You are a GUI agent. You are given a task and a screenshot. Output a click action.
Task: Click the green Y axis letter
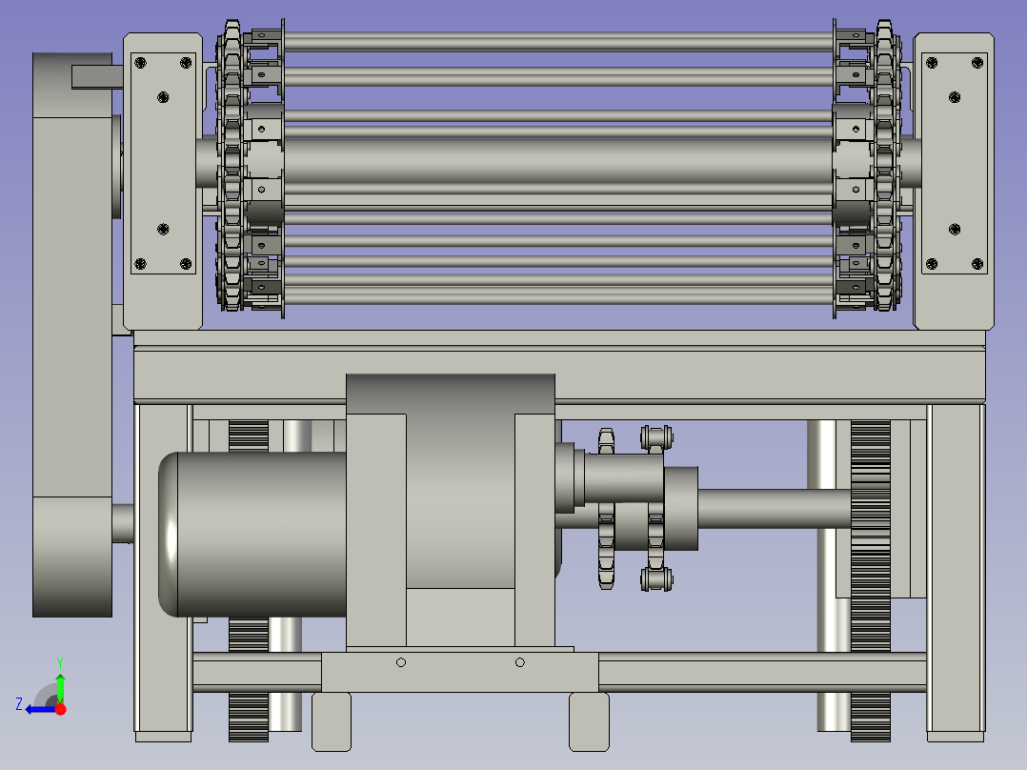pyautogui.click(x=60, y=662)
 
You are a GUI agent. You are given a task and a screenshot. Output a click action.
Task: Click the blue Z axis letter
pyautogui.click(x=19, y=704)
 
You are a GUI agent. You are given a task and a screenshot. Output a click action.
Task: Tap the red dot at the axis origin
pyautogui.click(x=60, y=709)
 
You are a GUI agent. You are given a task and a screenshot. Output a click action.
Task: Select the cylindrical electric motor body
pyautogui.click(x=252, y=534)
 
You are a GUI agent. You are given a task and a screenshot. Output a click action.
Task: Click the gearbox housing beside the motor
pyautogui.click(x=451, y=510)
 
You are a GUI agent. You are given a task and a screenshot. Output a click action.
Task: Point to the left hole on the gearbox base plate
pyautogui.click(x=401, y=662)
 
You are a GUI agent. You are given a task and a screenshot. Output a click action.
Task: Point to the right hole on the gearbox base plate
pyautogui.click(x=520, y=662)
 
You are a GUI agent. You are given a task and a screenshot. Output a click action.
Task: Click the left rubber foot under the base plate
pyautogui.click(x=332, y=720)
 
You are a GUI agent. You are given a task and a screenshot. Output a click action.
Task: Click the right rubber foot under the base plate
pyautogui.click(x=589, y=720)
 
